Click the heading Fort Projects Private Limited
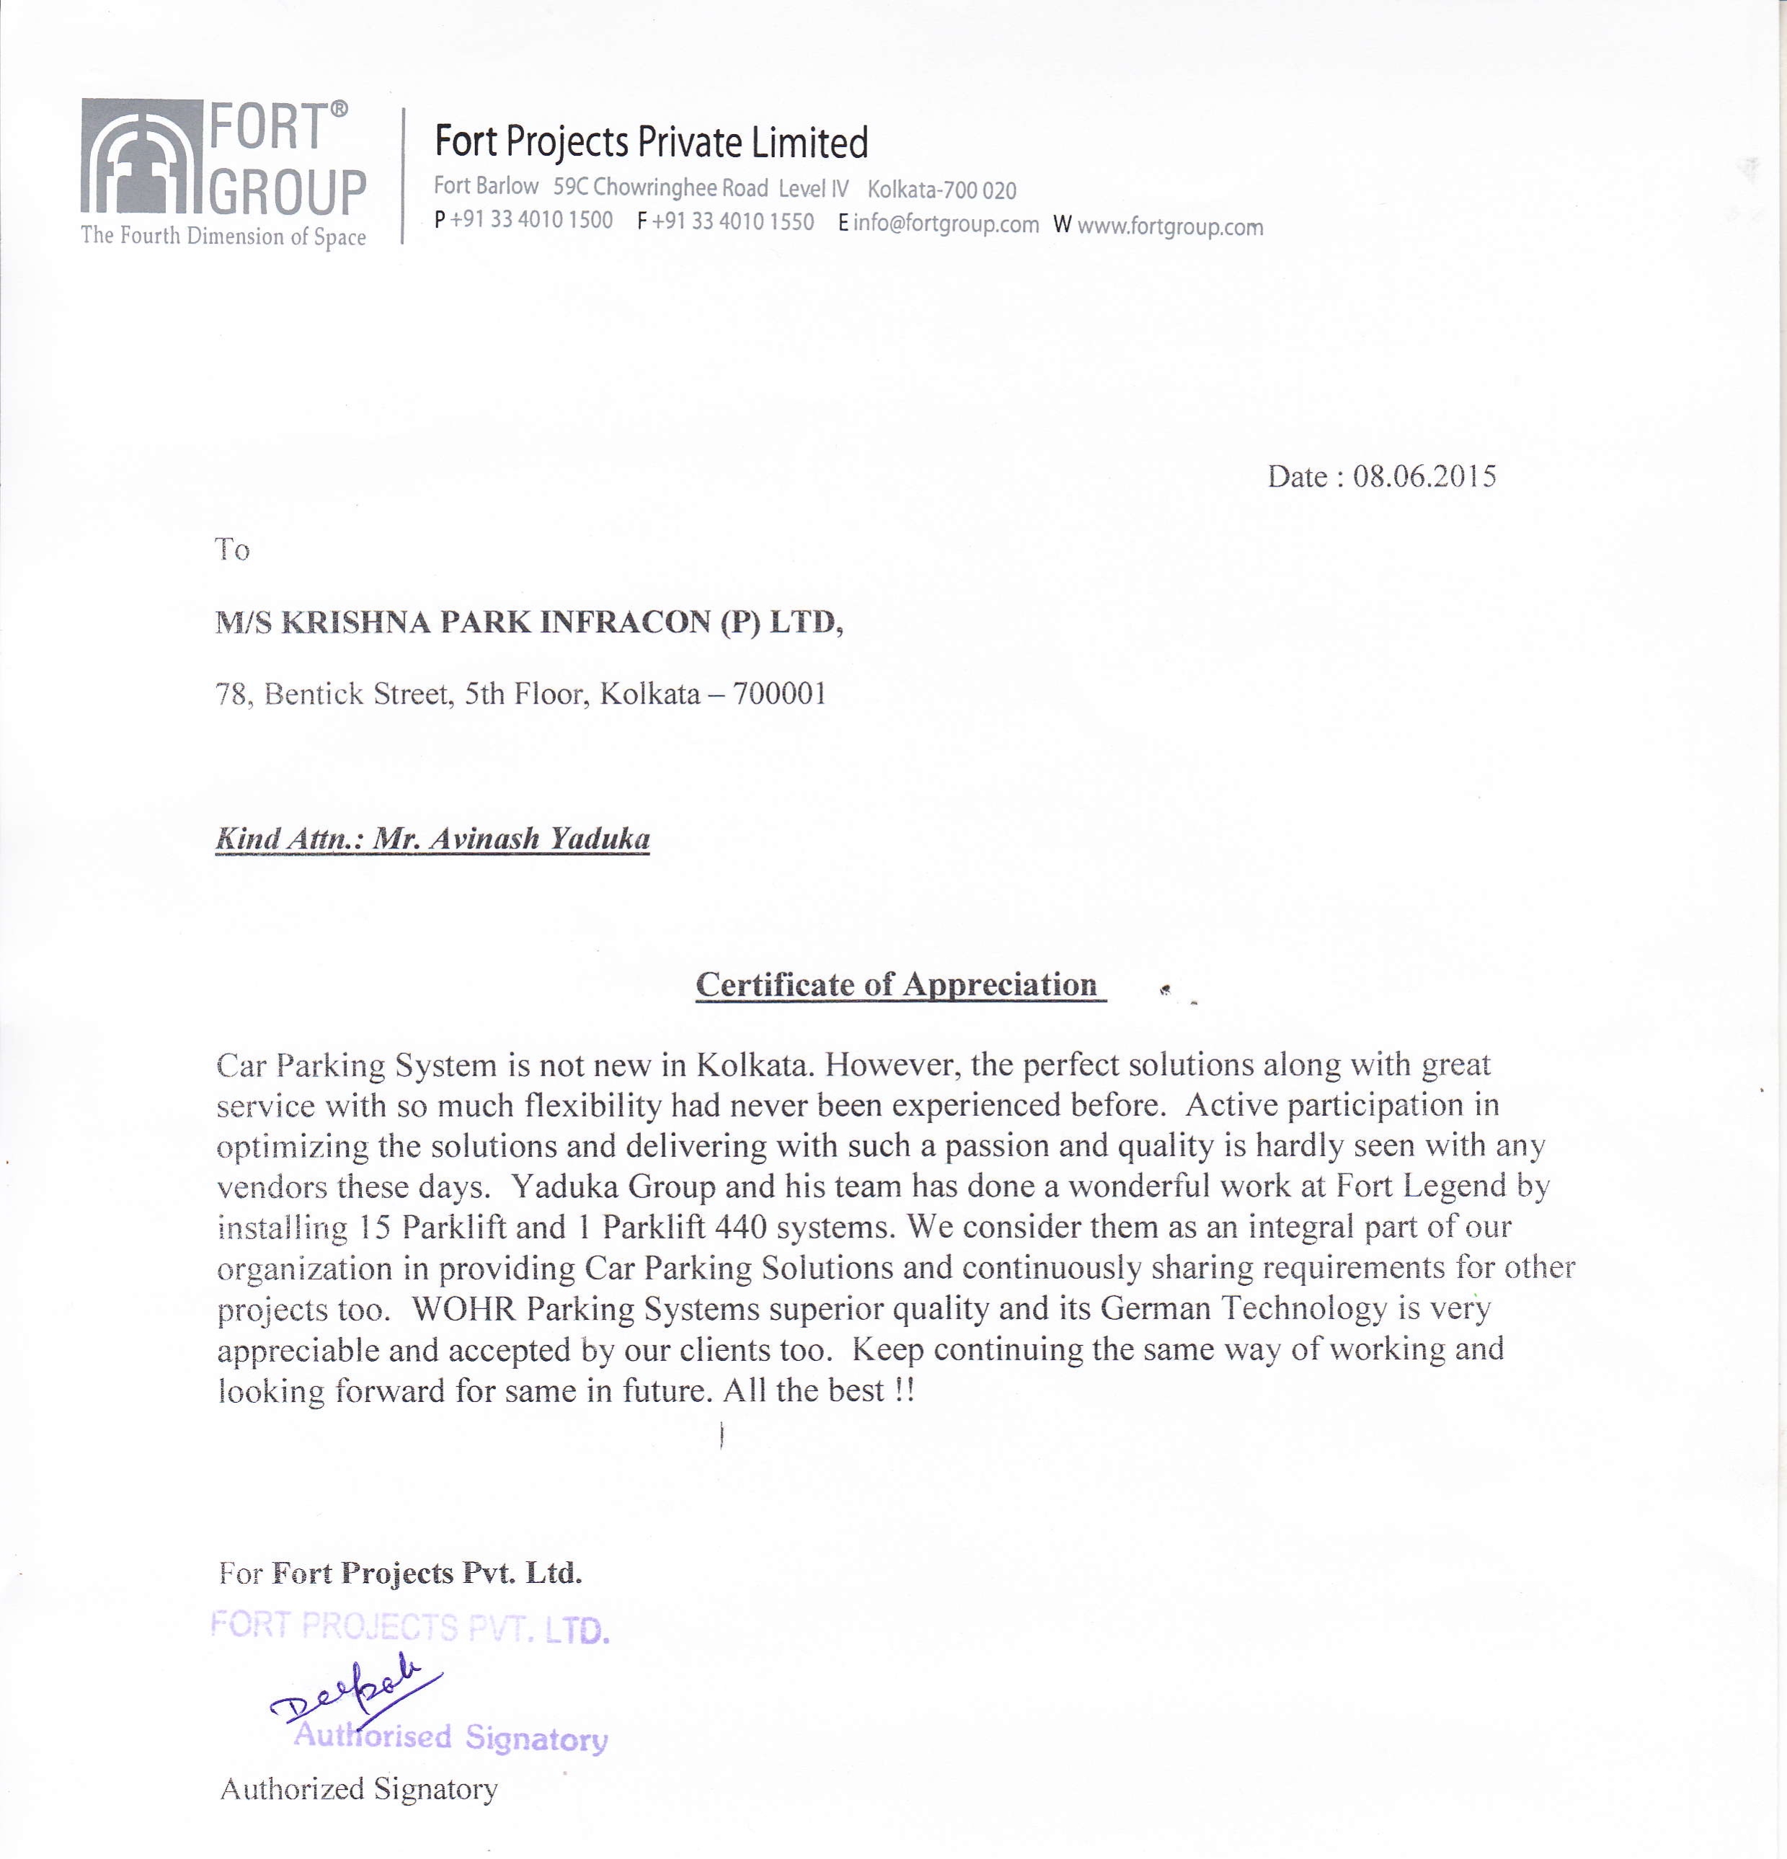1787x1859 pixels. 651,142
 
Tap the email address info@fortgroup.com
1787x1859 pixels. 946,225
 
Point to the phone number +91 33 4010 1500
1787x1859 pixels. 531,220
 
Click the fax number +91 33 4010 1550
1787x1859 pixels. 732,222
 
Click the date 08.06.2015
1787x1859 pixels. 1424,476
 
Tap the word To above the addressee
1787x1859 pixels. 232,550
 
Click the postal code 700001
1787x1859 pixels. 779,694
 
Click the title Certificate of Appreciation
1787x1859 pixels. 896,985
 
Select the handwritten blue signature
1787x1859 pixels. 355,1689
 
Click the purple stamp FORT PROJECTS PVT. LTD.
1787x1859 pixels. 409,1628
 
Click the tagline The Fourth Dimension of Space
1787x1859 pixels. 224,236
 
